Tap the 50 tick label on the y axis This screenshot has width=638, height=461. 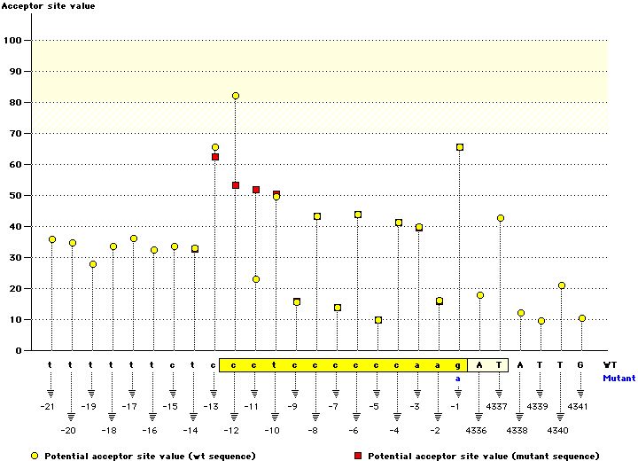point(15,196)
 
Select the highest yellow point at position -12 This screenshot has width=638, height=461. point(236,96)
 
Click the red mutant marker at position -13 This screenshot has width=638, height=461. point(215,157)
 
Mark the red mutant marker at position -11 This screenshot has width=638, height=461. point(256,190)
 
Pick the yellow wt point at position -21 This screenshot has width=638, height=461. point(52,239)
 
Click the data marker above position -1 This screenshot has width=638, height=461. point(460,147)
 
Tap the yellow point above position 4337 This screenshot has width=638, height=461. point(501,218)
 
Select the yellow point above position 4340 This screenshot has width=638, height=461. point(562,285)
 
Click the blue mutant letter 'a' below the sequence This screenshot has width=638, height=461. point(459,378)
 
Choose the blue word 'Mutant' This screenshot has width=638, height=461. point(619,378)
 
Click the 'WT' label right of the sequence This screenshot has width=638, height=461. point(610,364)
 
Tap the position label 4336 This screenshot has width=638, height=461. point(479,430)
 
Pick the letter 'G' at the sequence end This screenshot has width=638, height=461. point(581,364)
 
